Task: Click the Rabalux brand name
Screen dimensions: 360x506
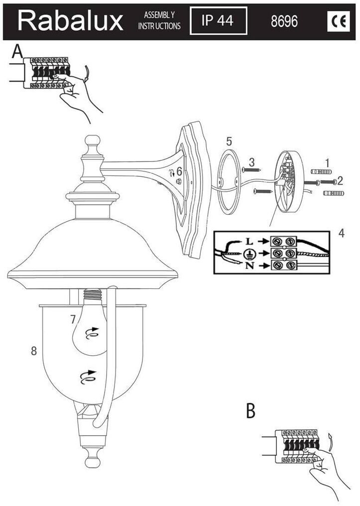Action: point(70,21)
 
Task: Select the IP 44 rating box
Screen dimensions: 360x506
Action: point(219,20)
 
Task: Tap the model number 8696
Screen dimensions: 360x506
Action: point(284,21)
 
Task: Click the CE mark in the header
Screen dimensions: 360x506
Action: point(339,21)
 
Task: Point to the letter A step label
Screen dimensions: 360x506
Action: point(18,51)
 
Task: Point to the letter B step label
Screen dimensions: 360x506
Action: point(250,411)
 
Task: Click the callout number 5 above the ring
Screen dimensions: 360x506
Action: point(229,141)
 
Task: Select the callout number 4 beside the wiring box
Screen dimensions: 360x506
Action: point(342,233)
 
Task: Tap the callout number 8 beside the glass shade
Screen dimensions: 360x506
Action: point(34,351)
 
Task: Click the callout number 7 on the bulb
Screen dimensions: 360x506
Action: point(73,319)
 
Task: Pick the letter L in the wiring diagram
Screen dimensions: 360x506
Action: point(249,241)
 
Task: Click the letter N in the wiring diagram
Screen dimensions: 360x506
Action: point(249,265)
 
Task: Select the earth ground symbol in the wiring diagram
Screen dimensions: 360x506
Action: point(249,253)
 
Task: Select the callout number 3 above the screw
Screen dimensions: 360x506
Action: point(251,161)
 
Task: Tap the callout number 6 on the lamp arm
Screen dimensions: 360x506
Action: point(179,171)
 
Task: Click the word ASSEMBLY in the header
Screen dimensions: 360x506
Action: point(159,15)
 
